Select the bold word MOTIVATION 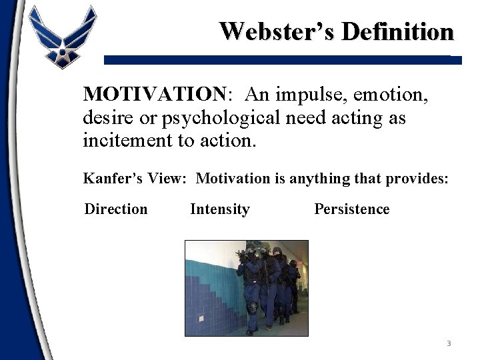[155, 95]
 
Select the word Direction [116, 209]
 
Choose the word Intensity [219, 209]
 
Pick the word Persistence [351, 209]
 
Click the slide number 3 [449, 343]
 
